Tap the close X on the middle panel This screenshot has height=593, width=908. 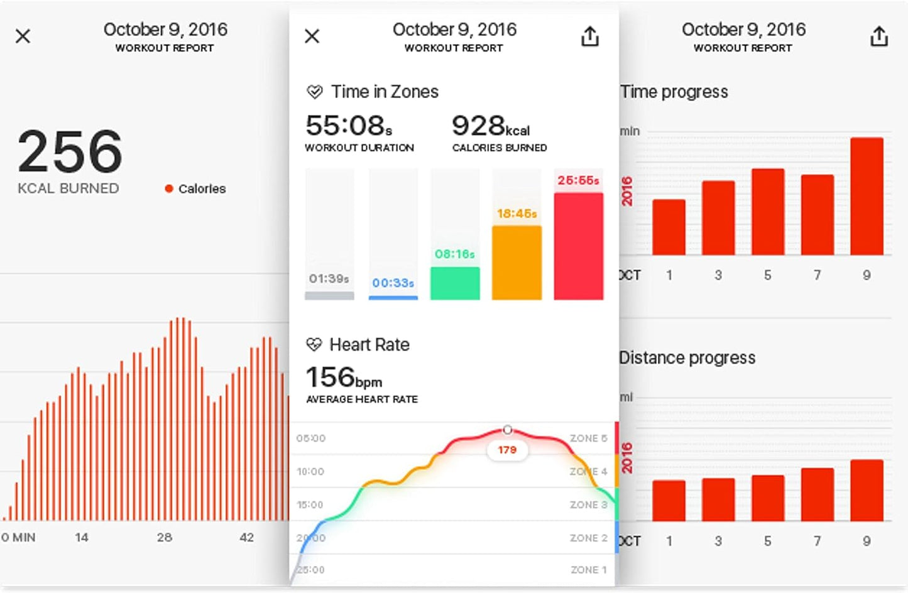[x=312, y=36]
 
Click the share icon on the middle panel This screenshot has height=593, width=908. [x=589, y=36]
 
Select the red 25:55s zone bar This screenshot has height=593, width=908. [x=578, y=246]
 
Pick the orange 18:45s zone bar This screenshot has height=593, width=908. [x=517, y=263]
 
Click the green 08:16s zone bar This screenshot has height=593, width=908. [x=455, y=283]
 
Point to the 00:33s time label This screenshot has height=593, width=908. [x=393, y=283]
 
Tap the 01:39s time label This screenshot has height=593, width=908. [x=329, y=279]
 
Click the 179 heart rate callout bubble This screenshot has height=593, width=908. [x=507, y=450]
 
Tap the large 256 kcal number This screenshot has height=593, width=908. [x=70, y=151]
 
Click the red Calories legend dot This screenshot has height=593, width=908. [x=168, y=188]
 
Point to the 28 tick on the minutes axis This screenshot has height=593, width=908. [x=165, y=538]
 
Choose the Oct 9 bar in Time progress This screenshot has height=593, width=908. [x=867, y=196]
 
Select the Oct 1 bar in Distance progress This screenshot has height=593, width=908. [x=669, y=501]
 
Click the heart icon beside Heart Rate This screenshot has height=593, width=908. [x=314, y=344]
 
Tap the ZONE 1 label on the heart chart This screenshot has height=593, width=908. [x=588, y=570]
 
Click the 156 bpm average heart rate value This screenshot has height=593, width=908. [x=344, y=378]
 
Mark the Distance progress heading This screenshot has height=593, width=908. [x=687, y=358]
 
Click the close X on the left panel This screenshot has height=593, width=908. [x=23, y=36]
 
